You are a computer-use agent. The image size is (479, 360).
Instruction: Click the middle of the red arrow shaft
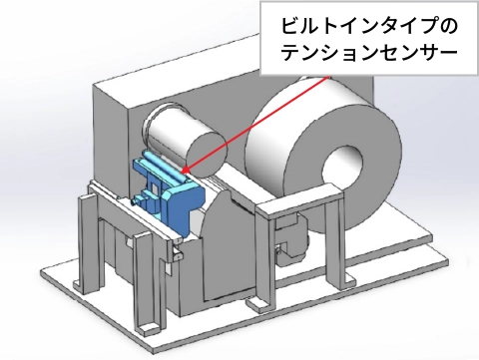[249, 125]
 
